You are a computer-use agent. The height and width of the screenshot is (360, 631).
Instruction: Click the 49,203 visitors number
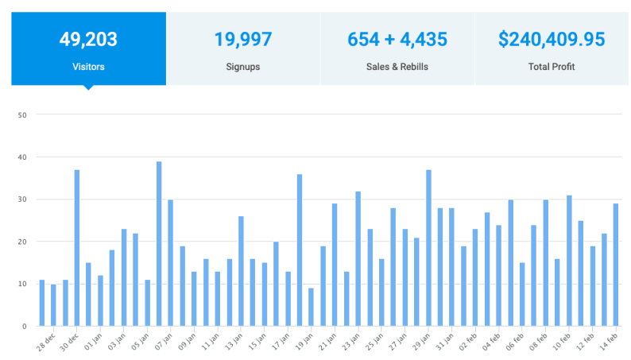(88, 38)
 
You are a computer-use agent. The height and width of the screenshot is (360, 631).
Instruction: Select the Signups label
(243, 67)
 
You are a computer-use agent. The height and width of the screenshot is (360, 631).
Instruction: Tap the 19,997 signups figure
(243, 38)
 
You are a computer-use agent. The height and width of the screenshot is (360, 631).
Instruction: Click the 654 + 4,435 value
(397, 38)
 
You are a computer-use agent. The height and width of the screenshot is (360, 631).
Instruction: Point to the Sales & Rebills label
(397, 67)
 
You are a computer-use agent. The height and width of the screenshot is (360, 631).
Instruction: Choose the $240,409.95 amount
(552, 38)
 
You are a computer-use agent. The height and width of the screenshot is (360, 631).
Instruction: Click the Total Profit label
(552, 67)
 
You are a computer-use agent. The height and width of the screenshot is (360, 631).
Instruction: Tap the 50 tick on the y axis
(23, 115)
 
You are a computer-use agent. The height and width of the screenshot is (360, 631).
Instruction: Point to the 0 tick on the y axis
(25, 326)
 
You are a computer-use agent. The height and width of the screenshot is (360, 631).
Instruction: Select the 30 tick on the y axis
(23, 199)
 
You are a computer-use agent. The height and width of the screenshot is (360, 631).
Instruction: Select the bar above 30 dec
(77, 248)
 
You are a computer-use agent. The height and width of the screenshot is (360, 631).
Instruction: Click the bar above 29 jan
(428, 248)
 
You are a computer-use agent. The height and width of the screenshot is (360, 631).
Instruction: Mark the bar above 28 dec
(42, 303)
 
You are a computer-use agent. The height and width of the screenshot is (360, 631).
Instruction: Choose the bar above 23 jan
(358, 258)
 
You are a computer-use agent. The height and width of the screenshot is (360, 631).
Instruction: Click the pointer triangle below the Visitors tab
(88, 87)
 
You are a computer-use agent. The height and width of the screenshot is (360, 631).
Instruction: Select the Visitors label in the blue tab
(88, 67)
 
